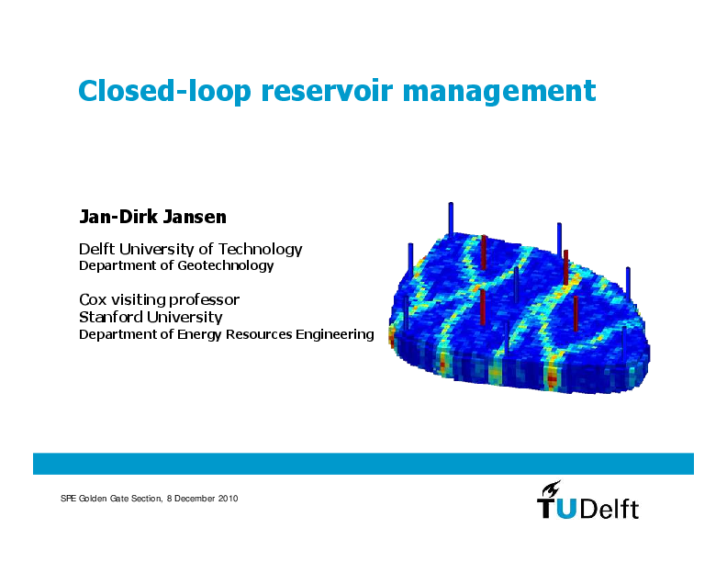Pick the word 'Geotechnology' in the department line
(x=225, y=266)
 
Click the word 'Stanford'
(x=112, y=318)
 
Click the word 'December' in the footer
(x=196, y=498)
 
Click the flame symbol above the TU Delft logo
(x=551, y=488)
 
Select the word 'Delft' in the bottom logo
(x=610, y=509)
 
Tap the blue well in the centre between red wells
(x=516, y=286)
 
